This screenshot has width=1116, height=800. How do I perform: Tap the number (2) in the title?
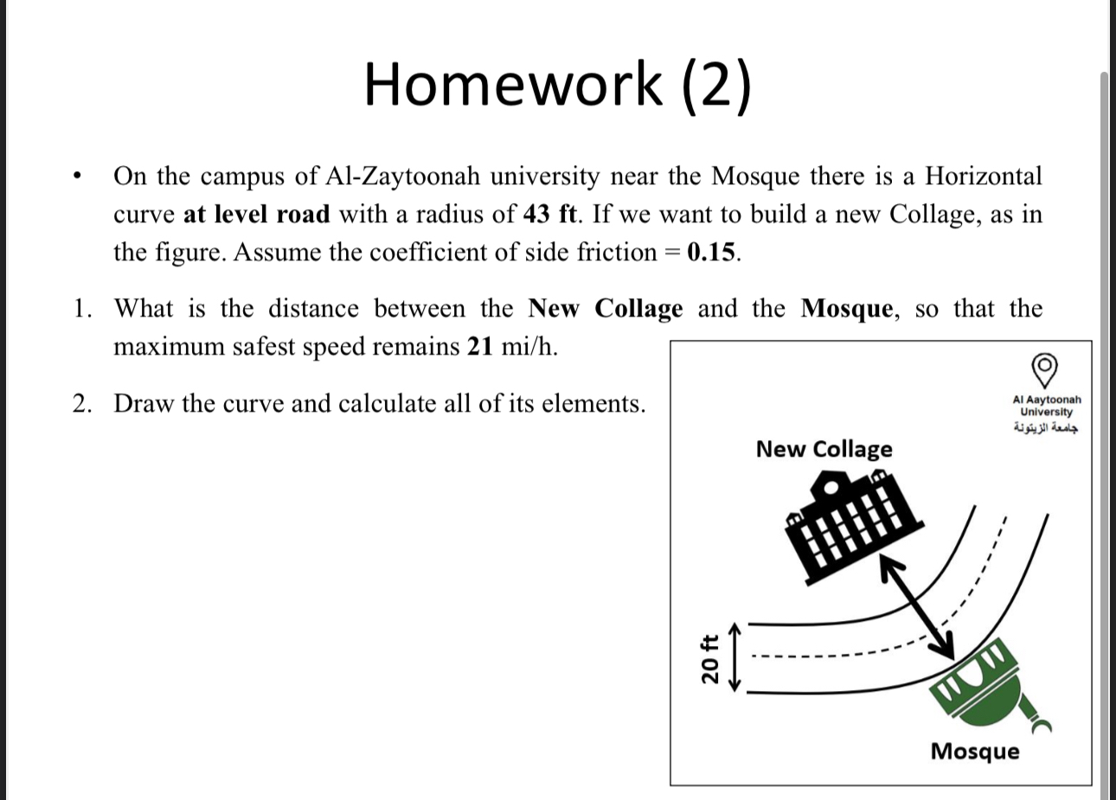(716, 86)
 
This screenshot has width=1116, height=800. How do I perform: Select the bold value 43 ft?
(545, 214)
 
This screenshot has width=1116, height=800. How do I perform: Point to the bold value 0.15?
(712, 252)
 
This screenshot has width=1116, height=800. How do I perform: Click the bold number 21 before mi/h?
(480, 347)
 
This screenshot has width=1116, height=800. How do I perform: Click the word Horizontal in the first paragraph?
(984, 176)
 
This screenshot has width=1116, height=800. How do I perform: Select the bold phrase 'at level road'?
(256, 214)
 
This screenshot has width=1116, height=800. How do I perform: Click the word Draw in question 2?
(144, 404)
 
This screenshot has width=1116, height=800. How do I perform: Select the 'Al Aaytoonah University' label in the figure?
(1046, 406)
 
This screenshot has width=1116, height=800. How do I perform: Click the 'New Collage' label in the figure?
(824, 450)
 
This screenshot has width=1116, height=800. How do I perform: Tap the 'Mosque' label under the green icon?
(975, 751)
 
